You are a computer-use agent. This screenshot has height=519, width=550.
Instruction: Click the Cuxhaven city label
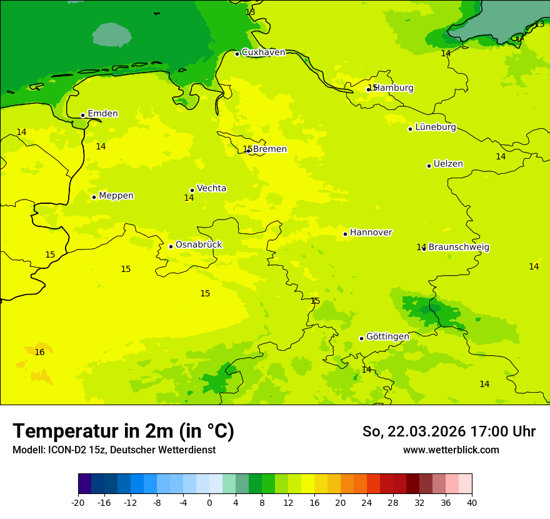pos(263,53)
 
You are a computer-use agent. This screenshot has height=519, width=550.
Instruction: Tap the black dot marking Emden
pos(82,115)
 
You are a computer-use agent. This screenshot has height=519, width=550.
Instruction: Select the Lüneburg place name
pos(435,127)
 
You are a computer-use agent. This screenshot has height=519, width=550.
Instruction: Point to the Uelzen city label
pos(448,164)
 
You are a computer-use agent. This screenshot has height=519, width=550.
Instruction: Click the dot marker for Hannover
pos(345,234)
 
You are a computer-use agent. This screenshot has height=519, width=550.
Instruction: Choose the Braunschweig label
pos(459,247)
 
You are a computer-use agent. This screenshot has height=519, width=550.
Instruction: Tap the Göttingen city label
pos(387,336)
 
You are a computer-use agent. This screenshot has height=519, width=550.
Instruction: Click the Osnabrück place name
pos(199,244)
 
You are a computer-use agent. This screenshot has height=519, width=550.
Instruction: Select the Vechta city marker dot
pos(192,190)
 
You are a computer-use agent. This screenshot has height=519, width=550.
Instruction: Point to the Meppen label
pos(116,196)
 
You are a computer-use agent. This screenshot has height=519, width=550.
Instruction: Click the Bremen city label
pos(270,149)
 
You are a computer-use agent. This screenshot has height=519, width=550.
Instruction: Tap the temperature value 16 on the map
pos(39,353)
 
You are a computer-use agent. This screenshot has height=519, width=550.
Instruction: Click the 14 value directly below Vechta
pos(189,198)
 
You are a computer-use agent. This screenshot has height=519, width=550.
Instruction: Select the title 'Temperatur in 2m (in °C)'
pos(123,431)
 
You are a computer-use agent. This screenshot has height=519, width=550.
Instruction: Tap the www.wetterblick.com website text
pos(451,450)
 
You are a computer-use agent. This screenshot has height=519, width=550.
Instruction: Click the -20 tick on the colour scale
pos(78,502)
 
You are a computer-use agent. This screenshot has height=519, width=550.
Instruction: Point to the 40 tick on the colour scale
pos(472,502)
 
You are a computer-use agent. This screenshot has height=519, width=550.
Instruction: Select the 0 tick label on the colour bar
pos(209,502)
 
